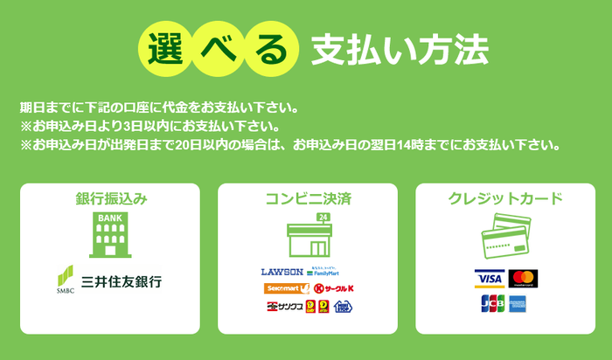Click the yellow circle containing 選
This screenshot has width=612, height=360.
tap(163, 45)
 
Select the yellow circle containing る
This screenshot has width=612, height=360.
tap(269, 46)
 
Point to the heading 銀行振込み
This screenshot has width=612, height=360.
tap(110, 198)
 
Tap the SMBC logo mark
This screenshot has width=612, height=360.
tap(66, 280)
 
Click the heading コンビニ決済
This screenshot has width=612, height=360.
tap(307, 198)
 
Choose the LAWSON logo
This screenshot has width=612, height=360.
tap(282, 272)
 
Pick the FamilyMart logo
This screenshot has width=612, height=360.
tap(328, 272)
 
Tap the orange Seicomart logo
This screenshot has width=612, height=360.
tap(287, 288)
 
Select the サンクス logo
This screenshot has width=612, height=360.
tap(284, 306)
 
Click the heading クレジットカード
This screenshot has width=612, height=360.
tap(504, 198)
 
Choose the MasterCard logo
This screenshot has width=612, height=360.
tap(523, 279)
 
